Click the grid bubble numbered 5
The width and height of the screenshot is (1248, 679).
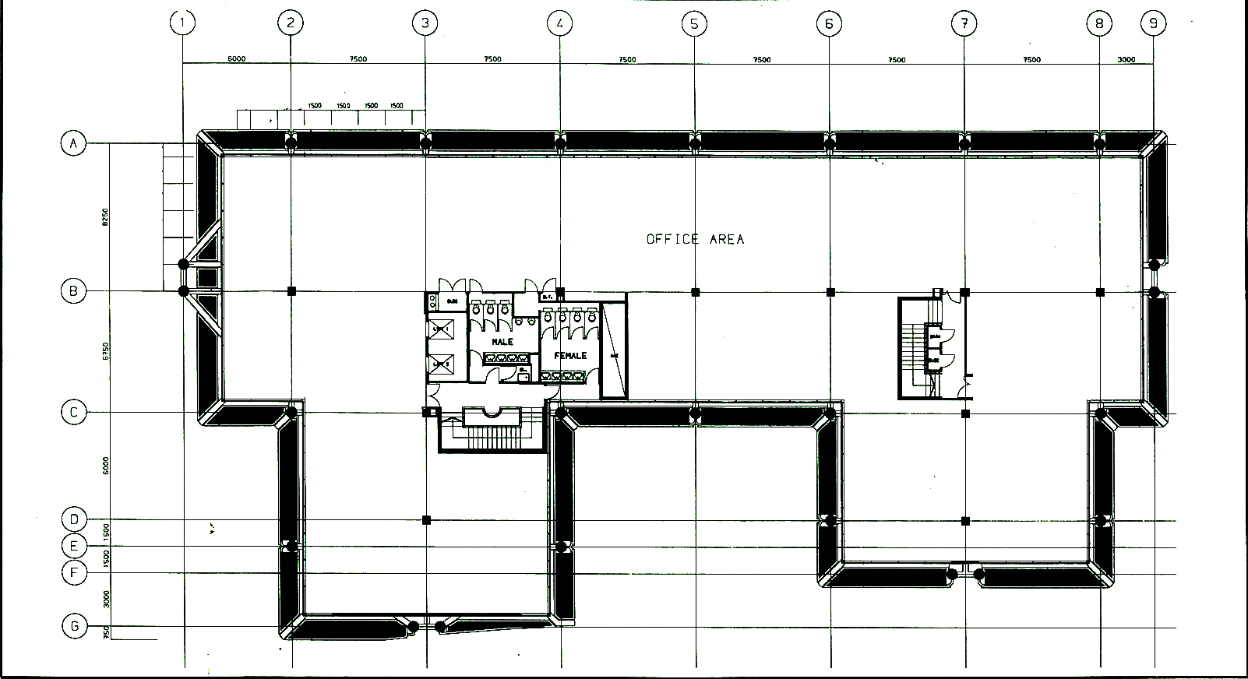pyautogui.click(x=693, y=23)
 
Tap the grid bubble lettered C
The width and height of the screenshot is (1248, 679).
pyautogui.click(x=74, y=412)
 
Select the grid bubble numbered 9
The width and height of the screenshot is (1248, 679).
pyautogui.click(x=1153, y=23)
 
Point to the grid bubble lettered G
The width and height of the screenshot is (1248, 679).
pyautogui.click(x=74, y=626)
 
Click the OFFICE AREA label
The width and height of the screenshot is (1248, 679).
pyautogui.click(x=695, y=239)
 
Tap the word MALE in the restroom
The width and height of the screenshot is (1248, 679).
pyautogui.click(x=502, y=342)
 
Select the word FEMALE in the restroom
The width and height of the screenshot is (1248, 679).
pyautogui.click(x=570, y=355)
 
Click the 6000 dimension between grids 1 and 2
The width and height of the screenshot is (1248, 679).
pyautogui.click(x=237, y=59)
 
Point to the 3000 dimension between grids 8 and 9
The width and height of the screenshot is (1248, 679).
pyautogui.click(x=1126, y=59)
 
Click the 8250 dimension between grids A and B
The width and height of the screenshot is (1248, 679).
pyautogui.click(x=105, y=217)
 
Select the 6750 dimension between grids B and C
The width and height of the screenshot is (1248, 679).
pyautogui.click(x=105, y=352)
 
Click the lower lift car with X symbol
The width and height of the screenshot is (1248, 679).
pyautogui.click(x=442, y=364)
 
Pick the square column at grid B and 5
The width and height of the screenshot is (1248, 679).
pyautogui.click(x=696, y=292)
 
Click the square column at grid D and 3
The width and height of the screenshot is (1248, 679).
pyautogui.click(x=426, y=519)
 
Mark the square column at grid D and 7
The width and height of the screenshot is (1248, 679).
pyautogui.click(x=965, y=520)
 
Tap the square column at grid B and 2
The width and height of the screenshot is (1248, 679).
pyautogui.click(x=291, y=291)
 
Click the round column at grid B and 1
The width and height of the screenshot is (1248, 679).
pyautogui.click(x=184, y=291)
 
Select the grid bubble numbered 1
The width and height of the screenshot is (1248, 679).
pyautogui.click(x=182, y=23)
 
